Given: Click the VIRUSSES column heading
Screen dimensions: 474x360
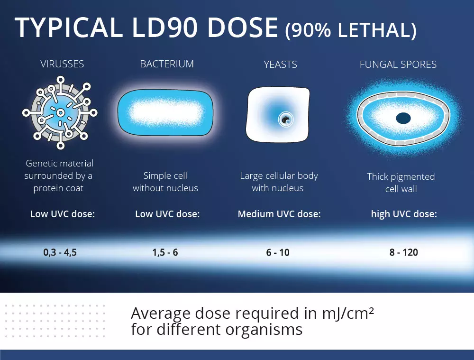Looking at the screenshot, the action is coord(62,64).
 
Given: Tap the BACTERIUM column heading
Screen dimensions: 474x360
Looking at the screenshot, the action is coord(167,64).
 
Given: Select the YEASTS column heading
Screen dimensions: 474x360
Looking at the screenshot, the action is coord(281,65).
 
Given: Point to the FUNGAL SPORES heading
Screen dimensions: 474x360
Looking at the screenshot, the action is coord(398,65).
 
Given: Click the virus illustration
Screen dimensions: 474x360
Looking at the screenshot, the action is coord(60,112).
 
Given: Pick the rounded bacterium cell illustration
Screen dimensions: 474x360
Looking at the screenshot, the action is coord(165,112).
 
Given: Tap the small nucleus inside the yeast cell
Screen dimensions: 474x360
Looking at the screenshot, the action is coord(286,120).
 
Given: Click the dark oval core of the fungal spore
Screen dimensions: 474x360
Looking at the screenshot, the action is coord(403,118).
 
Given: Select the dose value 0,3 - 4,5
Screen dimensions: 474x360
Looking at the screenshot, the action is coord(60,252).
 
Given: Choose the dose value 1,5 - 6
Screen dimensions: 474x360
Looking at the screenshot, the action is coord(165,252).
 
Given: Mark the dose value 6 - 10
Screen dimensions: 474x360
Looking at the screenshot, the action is coord(278,252).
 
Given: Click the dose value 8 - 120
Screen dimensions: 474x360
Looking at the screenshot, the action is coord(403,252).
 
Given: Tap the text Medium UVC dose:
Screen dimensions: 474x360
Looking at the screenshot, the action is coord(279,214).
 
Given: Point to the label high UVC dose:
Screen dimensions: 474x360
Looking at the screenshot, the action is coord(404,214).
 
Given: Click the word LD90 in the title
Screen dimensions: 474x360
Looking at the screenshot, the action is coord(165,28).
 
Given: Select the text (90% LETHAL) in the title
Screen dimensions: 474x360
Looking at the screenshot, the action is coord(351,30).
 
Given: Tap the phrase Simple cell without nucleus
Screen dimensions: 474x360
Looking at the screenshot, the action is coord(165,182).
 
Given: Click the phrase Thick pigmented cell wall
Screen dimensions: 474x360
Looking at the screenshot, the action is coord(401,183).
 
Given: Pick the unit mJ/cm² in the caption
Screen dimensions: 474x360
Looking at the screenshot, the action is coord(348,314).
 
